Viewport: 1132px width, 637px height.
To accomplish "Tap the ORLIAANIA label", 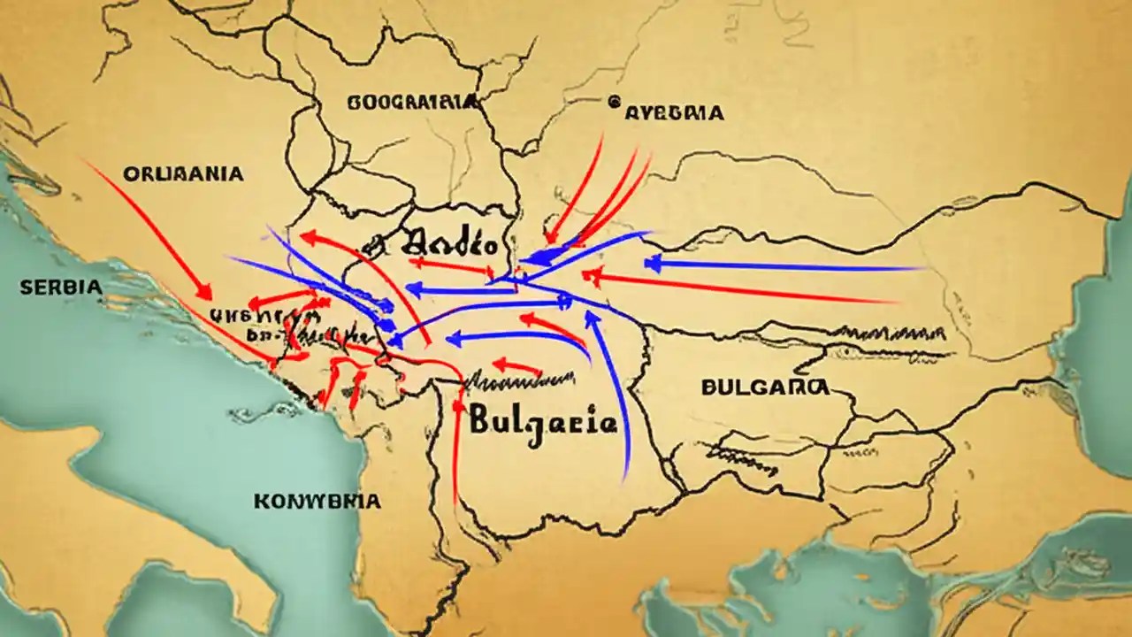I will (183, 174).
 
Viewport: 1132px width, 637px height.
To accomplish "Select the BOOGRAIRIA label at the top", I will (413, 103).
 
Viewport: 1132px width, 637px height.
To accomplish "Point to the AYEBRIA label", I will (675, 113).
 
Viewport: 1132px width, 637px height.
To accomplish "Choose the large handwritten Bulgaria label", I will (543, 420).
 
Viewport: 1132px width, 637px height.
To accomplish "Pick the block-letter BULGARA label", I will (765, 387).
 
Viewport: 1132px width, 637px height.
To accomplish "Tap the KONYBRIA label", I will (317, 502).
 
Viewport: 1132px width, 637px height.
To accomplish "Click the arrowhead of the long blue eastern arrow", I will (651, 263).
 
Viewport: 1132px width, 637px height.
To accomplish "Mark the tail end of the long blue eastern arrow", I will (924, 268).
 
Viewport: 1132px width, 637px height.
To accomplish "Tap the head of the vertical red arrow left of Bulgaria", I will (458, 403).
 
